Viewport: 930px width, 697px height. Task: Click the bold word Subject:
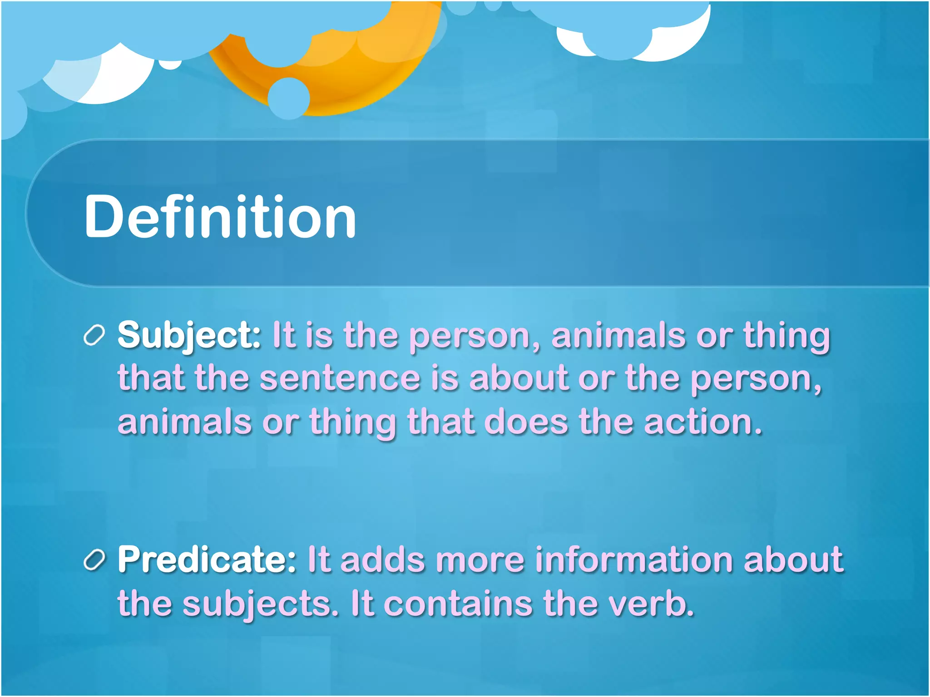[x=189, y=335]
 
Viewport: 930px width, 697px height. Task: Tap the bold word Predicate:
[x=207, y=559]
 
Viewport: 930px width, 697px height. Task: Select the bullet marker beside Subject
[x=94, y=336]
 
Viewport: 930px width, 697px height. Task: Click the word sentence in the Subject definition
[x=340, y=378]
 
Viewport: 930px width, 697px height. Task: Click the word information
[x=634, y=559]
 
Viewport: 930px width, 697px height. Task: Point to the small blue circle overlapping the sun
[x=289, y=98]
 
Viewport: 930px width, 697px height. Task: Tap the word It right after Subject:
[x=284, y=335]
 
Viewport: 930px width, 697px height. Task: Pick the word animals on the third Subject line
[x=184, y=422]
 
